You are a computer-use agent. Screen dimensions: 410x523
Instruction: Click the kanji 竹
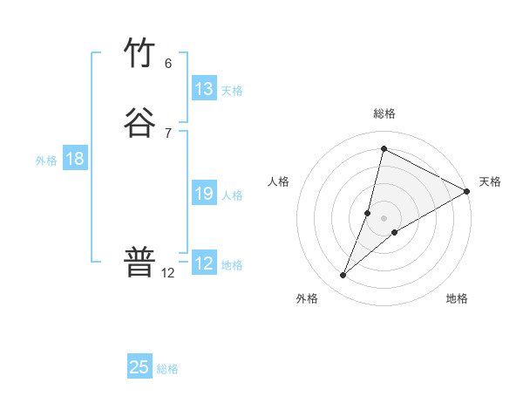tap(140, 54)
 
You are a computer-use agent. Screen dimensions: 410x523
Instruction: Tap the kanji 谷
tap(140, 123)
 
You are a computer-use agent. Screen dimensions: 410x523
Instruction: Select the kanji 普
tap(140, 261)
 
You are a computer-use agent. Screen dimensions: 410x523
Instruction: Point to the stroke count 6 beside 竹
tap(168, 64)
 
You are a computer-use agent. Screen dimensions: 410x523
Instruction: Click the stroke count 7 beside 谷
tap(168, 133)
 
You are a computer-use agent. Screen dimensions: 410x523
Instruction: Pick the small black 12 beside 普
tap(168, 272)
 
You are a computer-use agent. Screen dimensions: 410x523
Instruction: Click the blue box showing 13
tap(204, 89)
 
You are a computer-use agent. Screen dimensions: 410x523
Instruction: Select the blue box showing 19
tap(204, 194)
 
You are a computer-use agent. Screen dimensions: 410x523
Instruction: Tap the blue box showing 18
tap(75, 159)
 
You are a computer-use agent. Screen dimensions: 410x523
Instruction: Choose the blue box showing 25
tap(139, 367)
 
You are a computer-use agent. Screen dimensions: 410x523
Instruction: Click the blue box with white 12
tap(204, 263)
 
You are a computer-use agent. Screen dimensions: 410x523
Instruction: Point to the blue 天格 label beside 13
tap(232, 91)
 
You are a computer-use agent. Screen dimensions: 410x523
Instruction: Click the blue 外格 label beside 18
tap(46, 161)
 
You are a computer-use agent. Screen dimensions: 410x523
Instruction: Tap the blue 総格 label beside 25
tap(167, 369)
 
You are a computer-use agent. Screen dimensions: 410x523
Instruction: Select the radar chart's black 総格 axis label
tap(384, 113)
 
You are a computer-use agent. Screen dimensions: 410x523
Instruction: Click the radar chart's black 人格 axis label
tap(279, 181)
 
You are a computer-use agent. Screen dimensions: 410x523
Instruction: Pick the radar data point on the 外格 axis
tap(343, 276)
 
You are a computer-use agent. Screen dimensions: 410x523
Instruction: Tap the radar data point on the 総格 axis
tap(384, 148)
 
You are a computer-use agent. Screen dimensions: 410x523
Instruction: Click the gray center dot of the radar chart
tap(384, 218)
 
